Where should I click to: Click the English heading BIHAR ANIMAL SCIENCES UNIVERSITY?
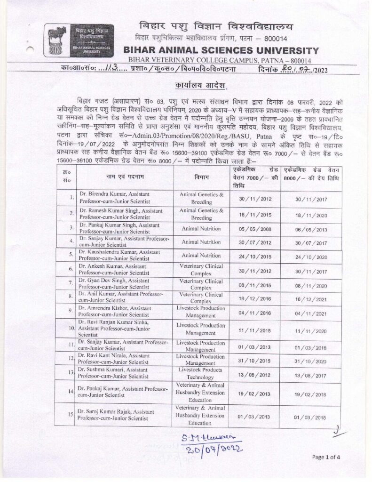tap(221, 50)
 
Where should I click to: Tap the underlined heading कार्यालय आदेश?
tap(194, 87)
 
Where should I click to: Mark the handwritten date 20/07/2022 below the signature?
tap(214, 449)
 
